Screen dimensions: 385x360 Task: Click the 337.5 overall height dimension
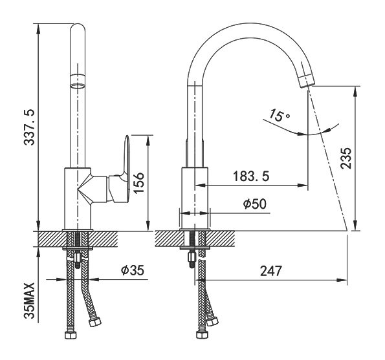[x=30, y=127]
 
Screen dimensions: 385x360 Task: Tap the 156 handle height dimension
[x=138, y=183]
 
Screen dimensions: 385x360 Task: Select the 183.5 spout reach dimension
[x=251, y=176]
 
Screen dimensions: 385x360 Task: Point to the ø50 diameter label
[x=255, y=204]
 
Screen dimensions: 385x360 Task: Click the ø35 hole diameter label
[x=133, y=270]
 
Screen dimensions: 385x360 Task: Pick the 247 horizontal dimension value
[x=271, y=271]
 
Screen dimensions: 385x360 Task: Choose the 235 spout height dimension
[x=346, y=158]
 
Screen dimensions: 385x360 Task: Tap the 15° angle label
[x=280, y=115]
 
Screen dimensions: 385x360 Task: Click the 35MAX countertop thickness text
[x=30, y=301]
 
